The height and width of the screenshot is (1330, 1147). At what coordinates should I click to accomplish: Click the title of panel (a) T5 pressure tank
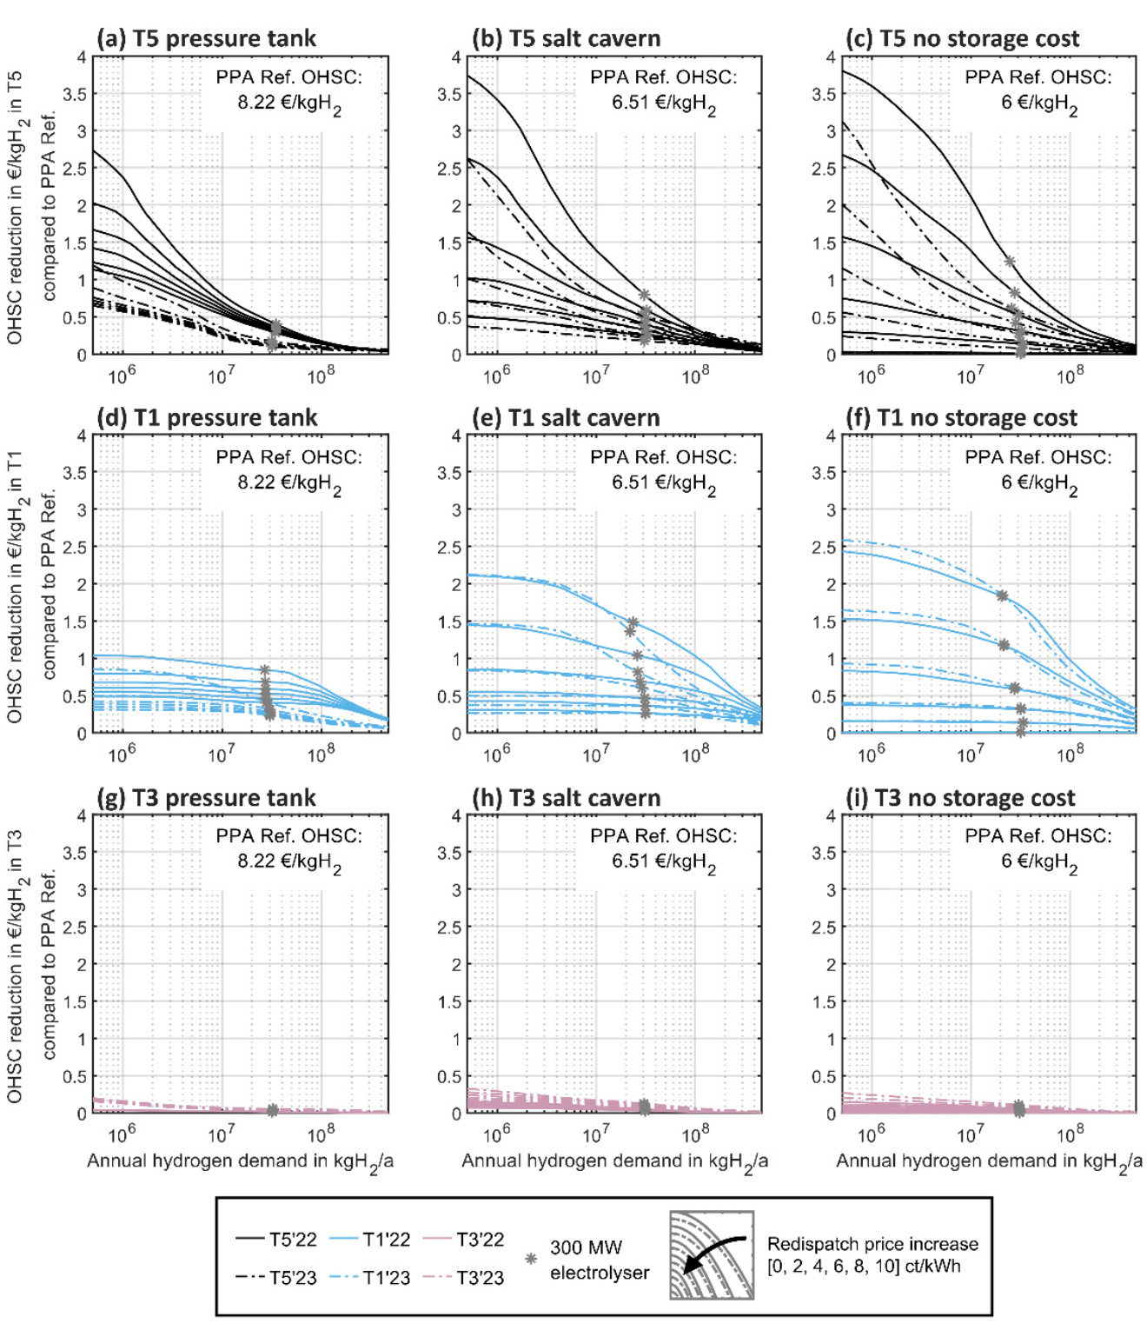tap(207, 39)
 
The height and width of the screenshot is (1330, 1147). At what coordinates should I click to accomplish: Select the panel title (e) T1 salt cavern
tap(566, 418)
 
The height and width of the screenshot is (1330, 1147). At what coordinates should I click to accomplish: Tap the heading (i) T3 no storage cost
tap(960, 798)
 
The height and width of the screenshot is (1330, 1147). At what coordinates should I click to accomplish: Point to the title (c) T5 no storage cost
tap(962, 39)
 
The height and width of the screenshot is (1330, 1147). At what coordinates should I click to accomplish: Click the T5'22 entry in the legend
tap(276, 1239)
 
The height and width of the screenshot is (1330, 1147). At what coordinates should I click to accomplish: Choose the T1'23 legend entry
tap(369, 1278)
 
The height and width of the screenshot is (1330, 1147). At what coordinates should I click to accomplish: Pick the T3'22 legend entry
tap(463, 1239)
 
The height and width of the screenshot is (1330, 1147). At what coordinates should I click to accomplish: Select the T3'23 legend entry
tap(463, 1278)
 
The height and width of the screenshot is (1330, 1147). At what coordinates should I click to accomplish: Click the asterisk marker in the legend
tap(531, 1258)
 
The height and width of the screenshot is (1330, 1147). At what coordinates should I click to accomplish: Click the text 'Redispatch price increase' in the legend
tap(872, 1244)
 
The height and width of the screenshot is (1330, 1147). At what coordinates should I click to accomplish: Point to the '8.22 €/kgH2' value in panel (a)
tap(289, 103)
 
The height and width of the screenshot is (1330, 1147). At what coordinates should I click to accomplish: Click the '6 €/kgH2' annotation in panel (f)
tap(1039, 482)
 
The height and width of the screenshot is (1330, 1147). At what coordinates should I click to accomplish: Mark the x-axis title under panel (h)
tap(614, 1161)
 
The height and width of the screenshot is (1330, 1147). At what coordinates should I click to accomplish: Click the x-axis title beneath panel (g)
tap(240, 1161)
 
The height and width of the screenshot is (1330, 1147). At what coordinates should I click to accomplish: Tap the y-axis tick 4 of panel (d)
tap(82, 436)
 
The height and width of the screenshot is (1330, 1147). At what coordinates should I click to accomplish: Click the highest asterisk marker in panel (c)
tap(1009, 262)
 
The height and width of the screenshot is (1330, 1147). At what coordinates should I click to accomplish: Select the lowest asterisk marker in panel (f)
tap(1021, 732)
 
